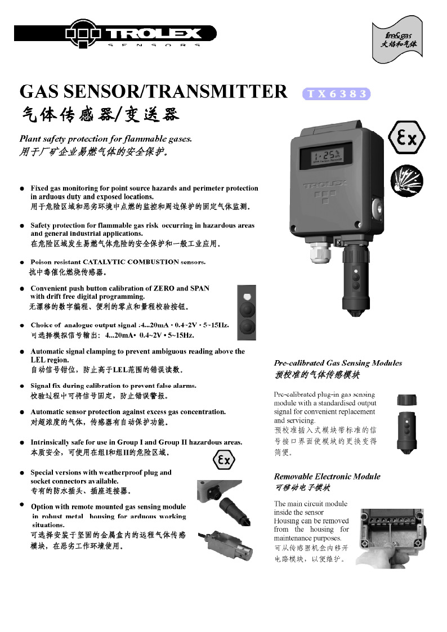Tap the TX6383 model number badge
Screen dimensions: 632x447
pyautogui.click(x=337, y=94)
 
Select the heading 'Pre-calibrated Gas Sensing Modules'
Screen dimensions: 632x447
pyautogui.click(x=338, y=363)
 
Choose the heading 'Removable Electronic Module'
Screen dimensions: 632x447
pyautogui.click(x=327, y=476)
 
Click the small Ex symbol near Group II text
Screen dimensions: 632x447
pyautogui.click(x=223, y=460)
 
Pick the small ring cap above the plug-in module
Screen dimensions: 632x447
pyautogui.click(x=406, y=401)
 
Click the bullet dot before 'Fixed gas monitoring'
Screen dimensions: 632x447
pyautogui.click(x=22, y=189)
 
